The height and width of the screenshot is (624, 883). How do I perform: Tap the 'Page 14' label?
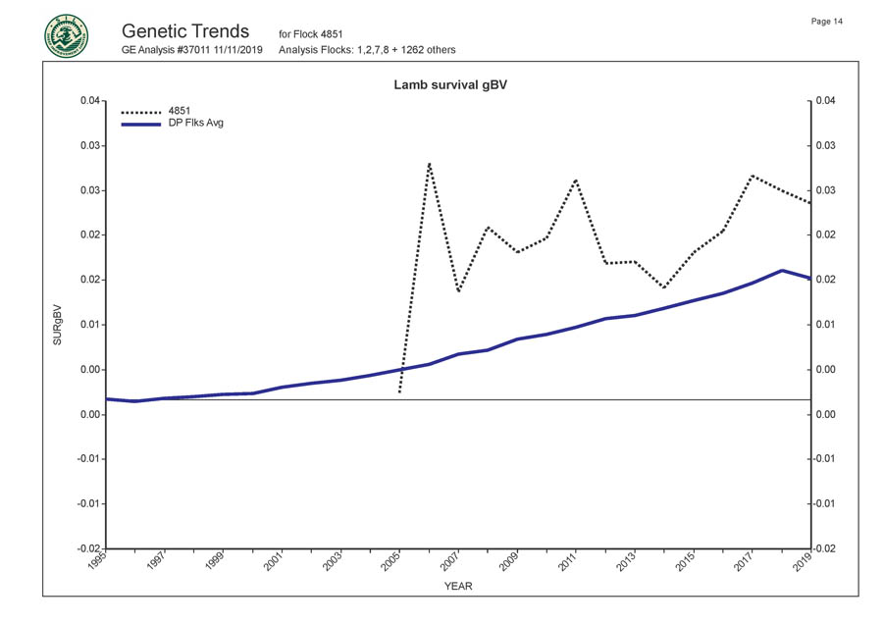[827, 22]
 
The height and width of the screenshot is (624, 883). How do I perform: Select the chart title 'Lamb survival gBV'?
[449, 85]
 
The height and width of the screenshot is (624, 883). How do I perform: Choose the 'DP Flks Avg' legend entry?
[196, 124]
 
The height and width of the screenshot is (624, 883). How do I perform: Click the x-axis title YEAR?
[457, 586]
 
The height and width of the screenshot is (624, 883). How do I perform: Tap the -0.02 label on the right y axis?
[826, 548]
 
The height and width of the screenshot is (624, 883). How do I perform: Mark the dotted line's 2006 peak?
[429, 163]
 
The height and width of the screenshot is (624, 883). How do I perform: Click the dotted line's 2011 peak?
[576, 180]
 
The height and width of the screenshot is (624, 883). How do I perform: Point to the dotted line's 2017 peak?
[752, 176]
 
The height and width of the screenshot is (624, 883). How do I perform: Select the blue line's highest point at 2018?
[781, 270]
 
